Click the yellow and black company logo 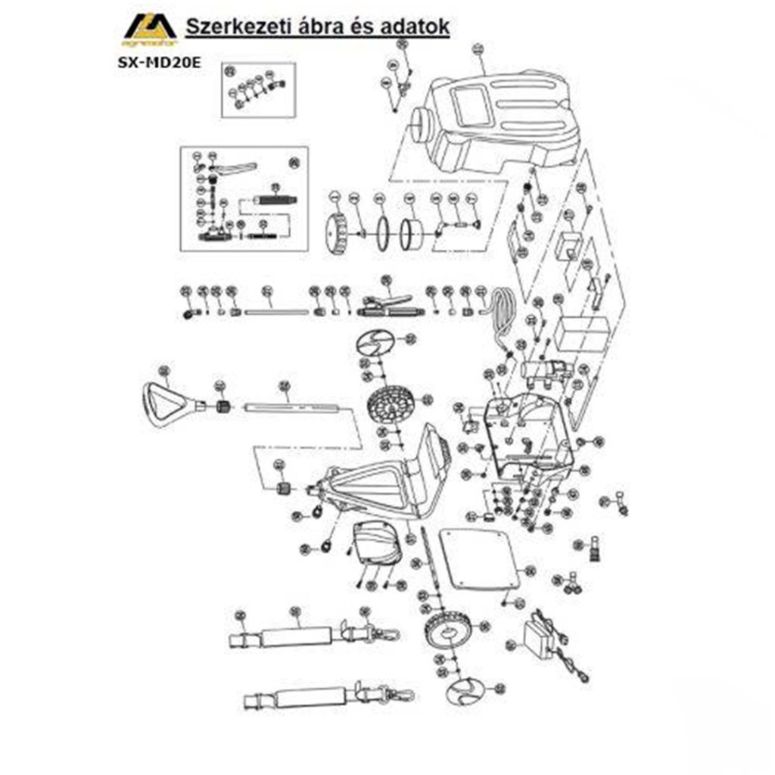click(149, 31)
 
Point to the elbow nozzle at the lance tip click(188, 313)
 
